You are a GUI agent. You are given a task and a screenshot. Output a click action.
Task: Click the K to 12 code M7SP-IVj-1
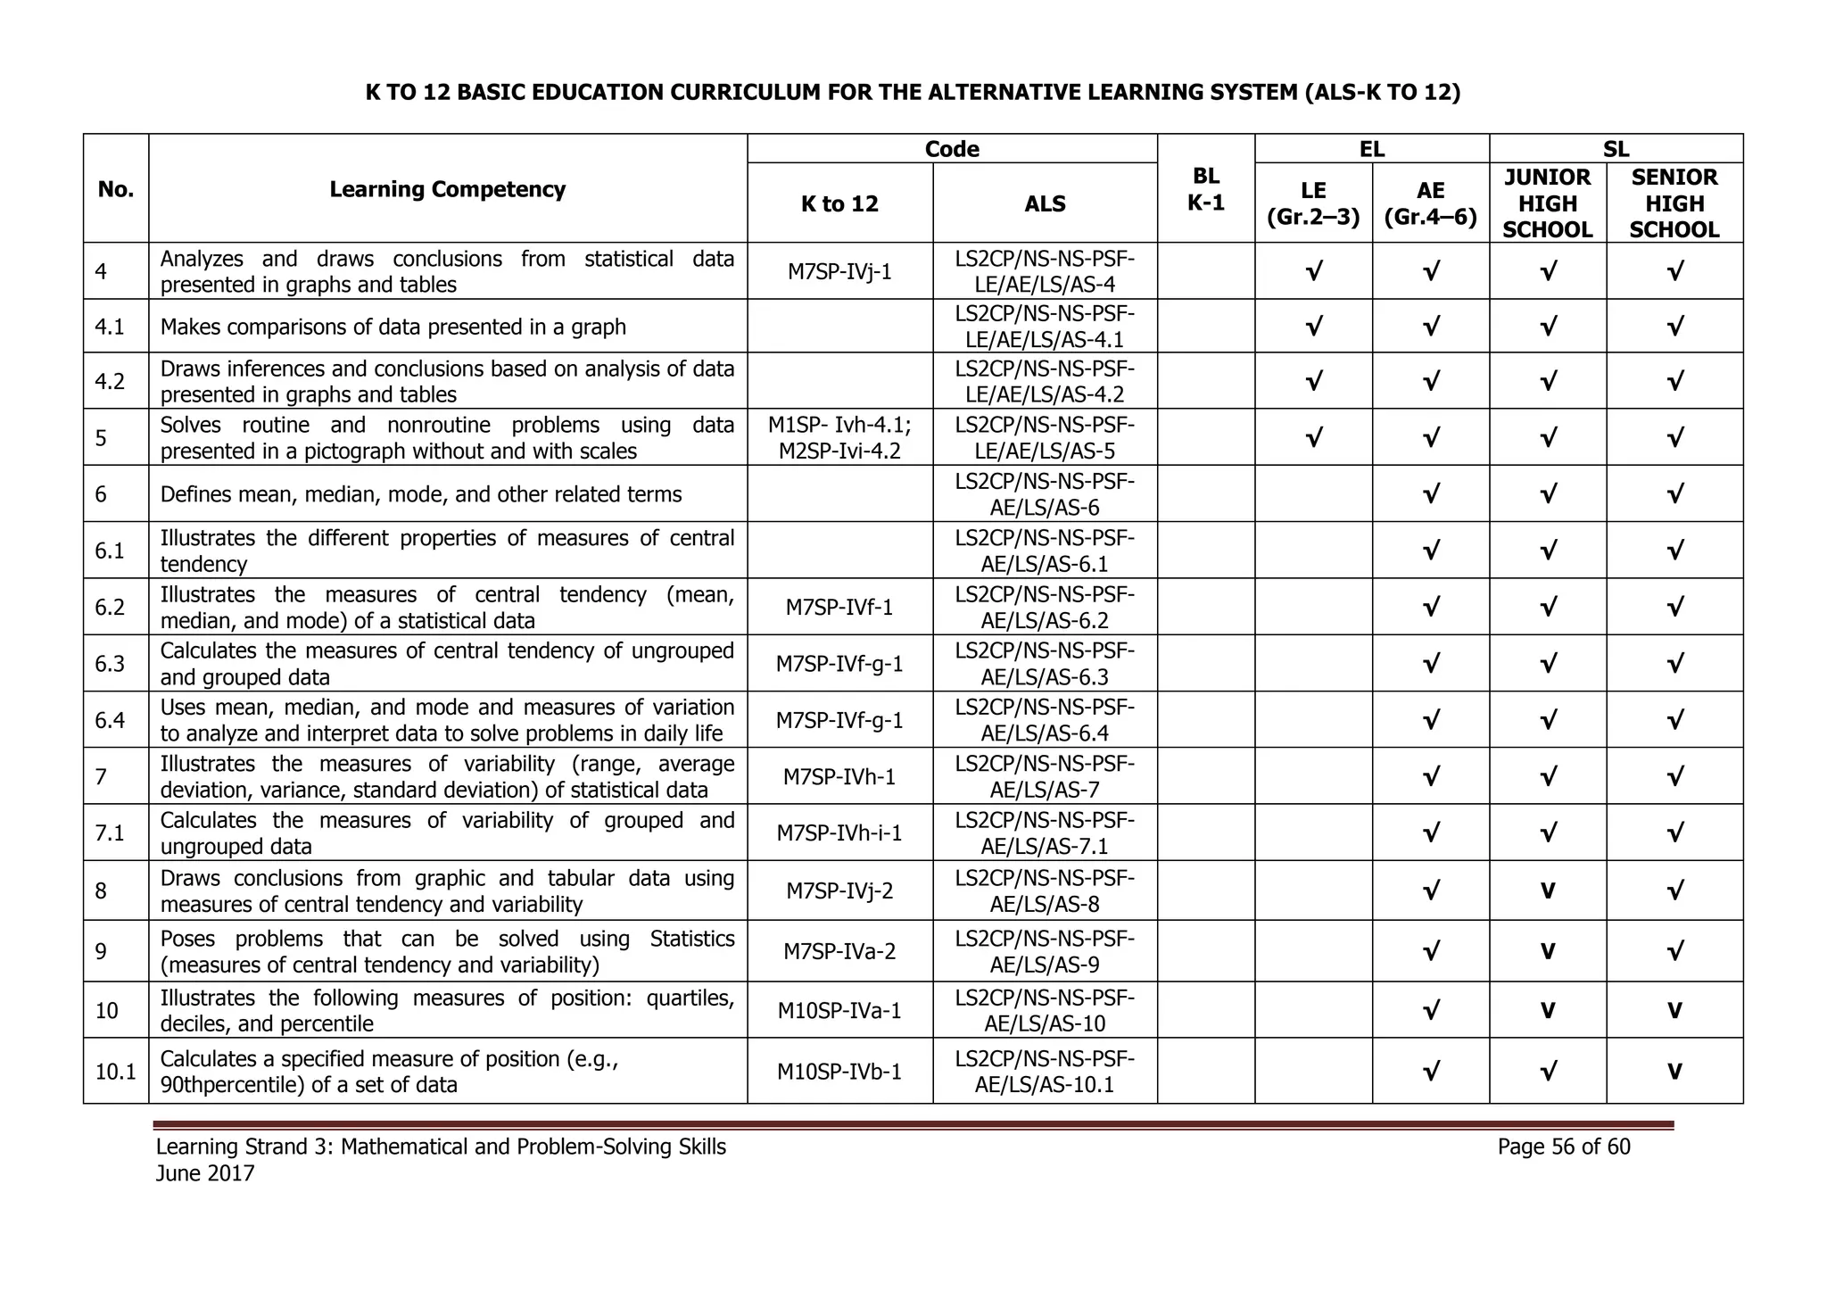point(839,271)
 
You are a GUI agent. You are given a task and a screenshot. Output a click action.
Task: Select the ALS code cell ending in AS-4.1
point(1045,327)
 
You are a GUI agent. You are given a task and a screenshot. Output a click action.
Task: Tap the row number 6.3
point(110,664)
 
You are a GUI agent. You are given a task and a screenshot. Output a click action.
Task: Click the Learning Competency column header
point(447,189)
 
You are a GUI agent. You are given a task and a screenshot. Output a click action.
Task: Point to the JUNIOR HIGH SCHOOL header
point(1547,203)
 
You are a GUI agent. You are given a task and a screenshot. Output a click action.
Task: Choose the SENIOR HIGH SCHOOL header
point(1674,203)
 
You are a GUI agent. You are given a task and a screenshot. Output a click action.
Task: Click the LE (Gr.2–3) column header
point(1313,203)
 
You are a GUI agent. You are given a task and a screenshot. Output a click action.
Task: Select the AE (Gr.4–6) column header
point(1430,203)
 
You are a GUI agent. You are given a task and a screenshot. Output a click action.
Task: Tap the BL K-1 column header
point(1205,189)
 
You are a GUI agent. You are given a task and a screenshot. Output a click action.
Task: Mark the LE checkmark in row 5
point(1313,438)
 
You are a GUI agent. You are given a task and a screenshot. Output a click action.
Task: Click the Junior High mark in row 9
point(1548,952)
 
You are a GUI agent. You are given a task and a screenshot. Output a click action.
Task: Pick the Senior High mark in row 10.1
point(1674,1072)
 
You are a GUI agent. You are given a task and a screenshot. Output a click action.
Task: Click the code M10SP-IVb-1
point(839,1072)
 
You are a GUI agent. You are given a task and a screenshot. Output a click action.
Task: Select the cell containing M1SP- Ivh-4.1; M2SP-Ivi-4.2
point(839,438)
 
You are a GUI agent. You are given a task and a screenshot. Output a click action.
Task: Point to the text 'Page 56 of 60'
point(1564,1147)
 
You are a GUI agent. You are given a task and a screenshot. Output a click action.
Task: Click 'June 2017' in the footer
point(205,1173)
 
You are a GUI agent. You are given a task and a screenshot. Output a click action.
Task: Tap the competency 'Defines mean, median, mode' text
point(420,494)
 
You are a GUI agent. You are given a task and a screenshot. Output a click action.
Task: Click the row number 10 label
point(106,1011)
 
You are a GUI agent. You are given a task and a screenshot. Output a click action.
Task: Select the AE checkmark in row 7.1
point(1430,833)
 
